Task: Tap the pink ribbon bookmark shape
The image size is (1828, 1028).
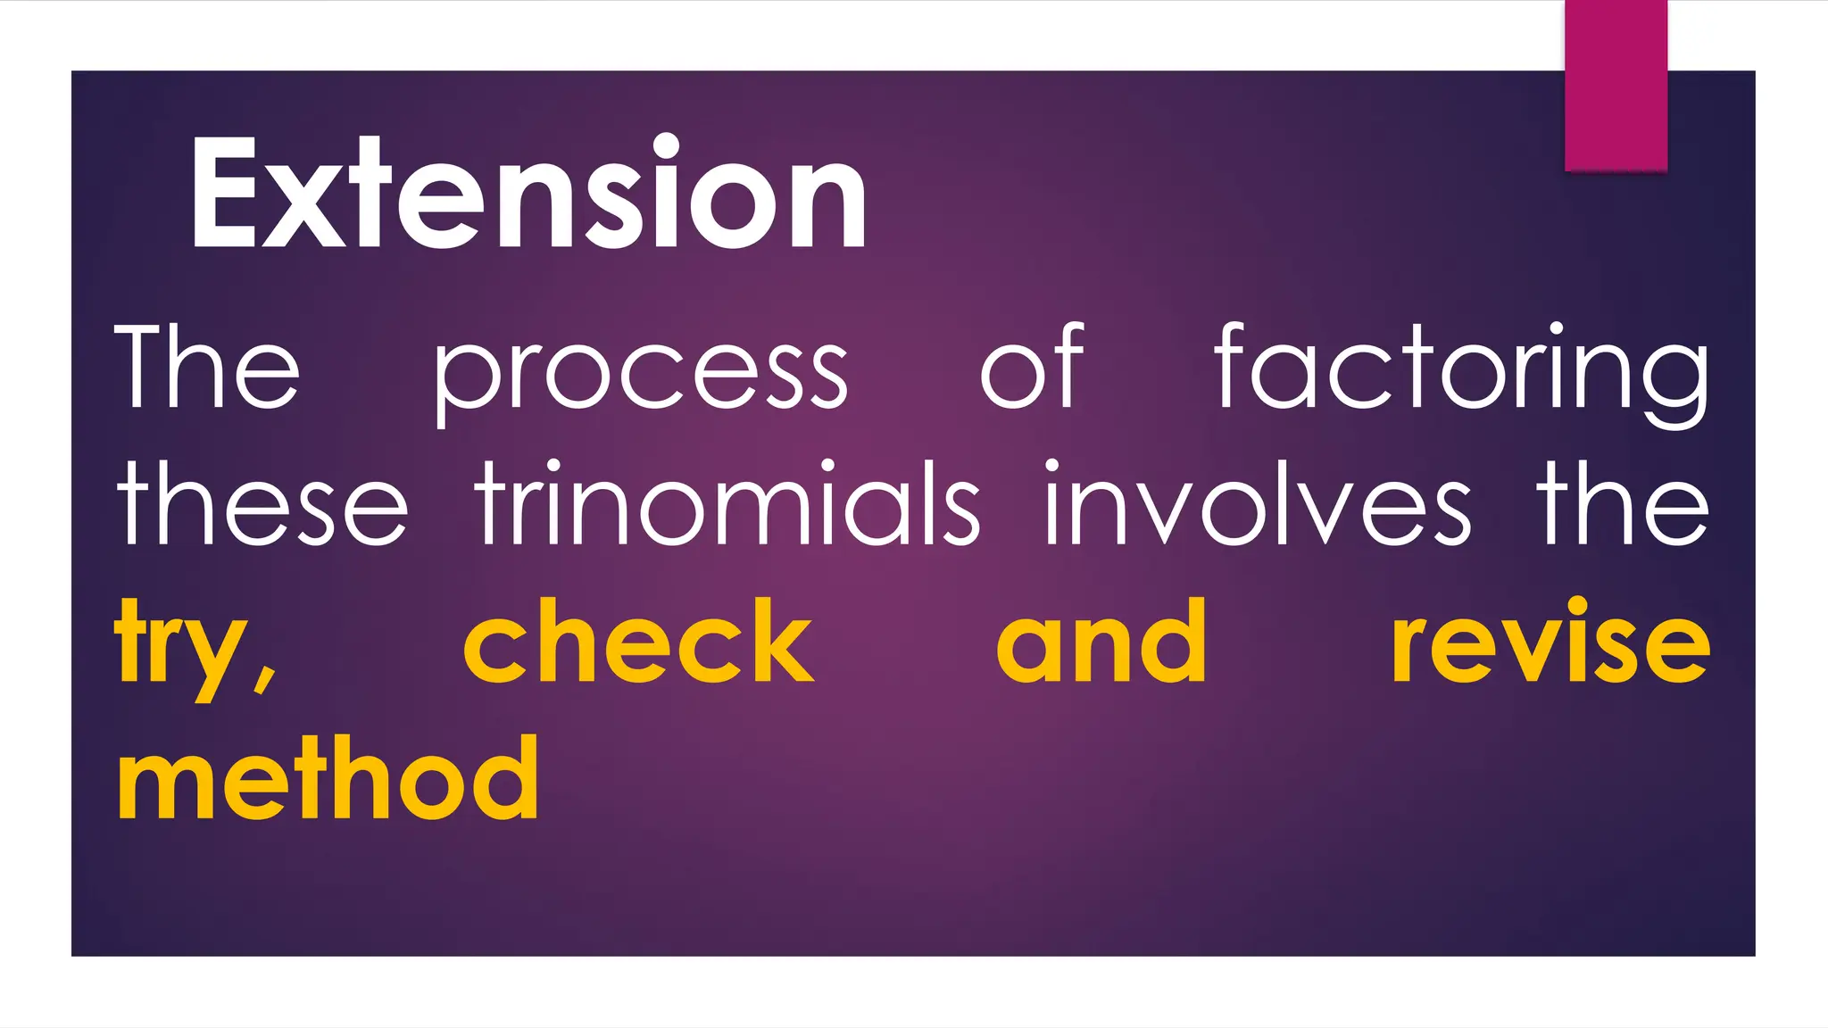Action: click(1616, 85)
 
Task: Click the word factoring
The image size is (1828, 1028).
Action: click(1462, 370)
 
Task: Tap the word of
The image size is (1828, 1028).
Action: click(1032, 366)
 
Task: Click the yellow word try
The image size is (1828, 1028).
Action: click(179, 644)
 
